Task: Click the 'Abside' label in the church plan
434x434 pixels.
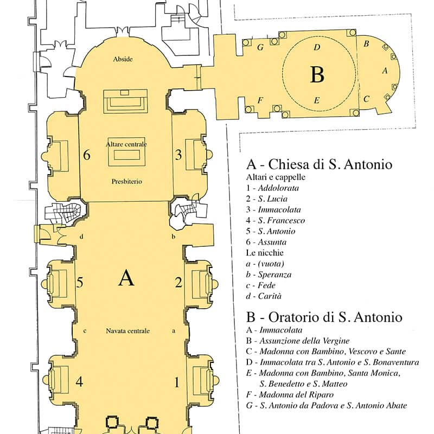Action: coord(123,59)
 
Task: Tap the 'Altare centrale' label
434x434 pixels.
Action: coord(126,144)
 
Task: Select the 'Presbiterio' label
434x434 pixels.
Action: coord(127,182)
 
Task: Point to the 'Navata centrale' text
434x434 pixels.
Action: coord(127,331)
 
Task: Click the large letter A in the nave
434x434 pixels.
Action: coord(126,278)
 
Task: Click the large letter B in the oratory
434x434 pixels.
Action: coord(317,74)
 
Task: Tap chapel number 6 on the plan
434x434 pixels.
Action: coord(87,155)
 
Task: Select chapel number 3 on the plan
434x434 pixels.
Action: coord(178,155)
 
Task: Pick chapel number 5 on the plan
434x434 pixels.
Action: coord(80,282)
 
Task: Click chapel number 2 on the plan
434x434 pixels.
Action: coord(178,282)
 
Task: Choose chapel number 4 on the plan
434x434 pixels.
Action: coord(79,382)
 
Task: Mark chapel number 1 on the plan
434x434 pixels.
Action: coord(177,382)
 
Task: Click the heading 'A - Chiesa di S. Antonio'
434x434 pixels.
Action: coord(319,164)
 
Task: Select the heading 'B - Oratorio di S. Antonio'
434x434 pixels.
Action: coord(324,317)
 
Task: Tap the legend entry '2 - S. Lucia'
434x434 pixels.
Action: coord(267,199)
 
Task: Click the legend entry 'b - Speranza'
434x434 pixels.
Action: coord(269,275)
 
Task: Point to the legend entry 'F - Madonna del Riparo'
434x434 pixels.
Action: coord(290,394)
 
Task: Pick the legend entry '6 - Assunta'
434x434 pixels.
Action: coord(266,242)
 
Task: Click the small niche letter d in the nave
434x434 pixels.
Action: coord(81,237)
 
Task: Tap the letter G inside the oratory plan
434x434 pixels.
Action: coord(260,47)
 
